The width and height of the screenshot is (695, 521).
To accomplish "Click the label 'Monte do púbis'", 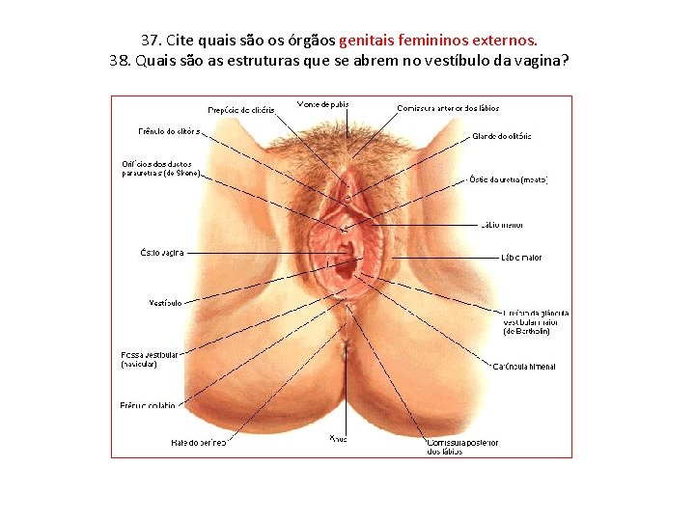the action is [x=323, y=103].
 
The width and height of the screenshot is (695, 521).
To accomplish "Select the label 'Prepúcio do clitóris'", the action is [x=241, y=110].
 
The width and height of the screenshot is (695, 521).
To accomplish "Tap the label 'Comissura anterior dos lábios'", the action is [x=448, y=108].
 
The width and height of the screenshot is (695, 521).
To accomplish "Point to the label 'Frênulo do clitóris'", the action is [x=169, y=131].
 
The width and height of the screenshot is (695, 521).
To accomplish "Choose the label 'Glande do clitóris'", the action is [x=502, y=136].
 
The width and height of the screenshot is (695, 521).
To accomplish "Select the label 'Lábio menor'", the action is [x=502, y=226].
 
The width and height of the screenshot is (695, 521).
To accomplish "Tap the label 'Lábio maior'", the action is [x=521, y=258].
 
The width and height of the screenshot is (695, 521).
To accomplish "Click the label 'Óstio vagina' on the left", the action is [x=161, y=253].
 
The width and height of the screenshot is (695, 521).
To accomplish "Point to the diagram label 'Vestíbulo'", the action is [x=165, y=303].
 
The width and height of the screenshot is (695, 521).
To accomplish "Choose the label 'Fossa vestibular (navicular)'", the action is [x=150, y=360].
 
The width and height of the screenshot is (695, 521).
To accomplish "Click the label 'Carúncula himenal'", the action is [x=524, y=367].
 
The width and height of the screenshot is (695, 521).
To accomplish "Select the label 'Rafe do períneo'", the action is [x=198, y=443].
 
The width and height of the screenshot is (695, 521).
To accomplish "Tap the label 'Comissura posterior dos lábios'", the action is [x=462, y=447].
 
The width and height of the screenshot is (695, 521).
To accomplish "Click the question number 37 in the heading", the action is [x=151, y=41].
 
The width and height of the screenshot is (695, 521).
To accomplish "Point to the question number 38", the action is [x=122, y=61].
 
